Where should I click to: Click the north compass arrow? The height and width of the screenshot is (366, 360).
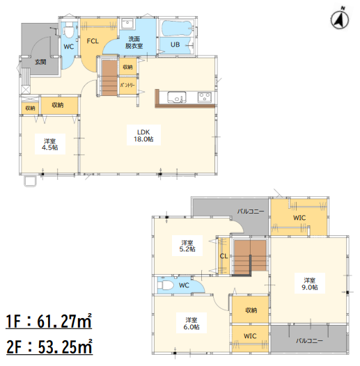339,19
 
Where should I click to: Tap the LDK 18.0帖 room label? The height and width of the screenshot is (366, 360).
143,136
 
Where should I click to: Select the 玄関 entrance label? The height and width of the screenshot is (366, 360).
40,62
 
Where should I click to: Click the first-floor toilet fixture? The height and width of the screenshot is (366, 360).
69,30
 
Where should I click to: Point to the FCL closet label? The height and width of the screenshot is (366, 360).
93,41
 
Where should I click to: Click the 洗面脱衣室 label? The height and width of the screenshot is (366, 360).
134,42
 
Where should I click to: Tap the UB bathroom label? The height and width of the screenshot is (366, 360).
175,45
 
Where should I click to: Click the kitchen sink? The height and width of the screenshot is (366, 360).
177,97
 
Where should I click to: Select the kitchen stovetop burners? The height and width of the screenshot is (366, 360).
205,97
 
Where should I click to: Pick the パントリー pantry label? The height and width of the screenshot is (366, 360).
127,85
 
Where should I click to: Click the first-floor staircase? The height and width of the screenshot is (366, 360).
109,78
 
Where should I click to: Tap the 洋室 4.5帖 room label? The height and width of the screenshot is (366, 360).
49,144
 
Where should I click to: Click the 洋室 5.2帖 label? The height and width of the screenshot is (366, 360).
187,246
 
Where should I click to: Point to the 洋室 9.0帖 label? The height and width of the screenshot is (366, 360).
310,283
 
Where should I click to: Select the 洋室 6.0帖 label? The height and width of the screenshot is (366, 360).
191,324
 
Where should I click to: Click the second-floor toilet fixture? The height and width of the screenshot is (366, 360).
165,285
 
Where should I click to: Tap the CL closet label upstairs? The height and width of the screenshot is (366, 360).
224,256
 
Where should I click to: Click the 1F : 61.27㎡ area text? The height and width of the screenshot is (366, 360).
49,321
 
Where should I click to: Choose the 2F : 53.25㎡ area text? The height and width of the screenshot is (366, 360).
49,347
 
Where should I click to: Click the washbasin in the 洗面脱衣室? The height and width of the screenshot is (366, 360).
127,24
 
